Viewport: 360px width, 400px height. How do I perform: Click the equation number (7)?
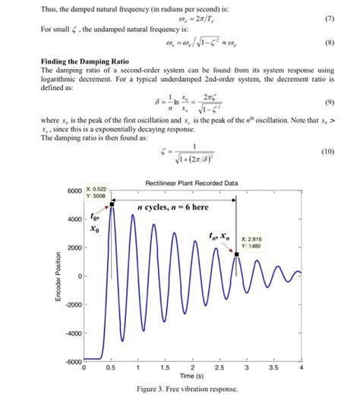pos(328,17)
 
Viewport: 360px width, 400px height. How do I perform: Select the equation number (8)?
pos(328,43)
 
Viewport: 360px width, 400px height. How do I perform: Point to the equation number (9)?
pos(328,101)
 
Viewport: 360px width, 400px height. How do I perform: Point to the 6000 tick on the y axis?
pos(72,190)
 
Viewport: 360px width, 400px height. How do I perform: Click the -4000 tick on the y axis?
pos(70,332)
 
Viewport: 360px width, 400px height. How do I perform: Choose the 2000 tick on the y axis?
pos(72,247)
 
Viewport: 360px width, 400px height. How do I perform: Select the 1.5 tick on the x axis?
pos(165,367)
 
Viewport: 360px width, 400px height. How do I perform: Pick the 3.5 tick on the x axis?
pos(274,367)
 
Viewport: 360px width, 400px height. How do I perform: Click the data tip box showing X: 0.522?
pos(97,192)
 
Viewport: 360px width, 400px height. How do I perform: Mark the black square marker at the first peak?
pos(112,203)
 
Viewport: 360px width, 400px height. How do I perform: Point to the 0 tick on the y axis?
pos(77,276)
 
